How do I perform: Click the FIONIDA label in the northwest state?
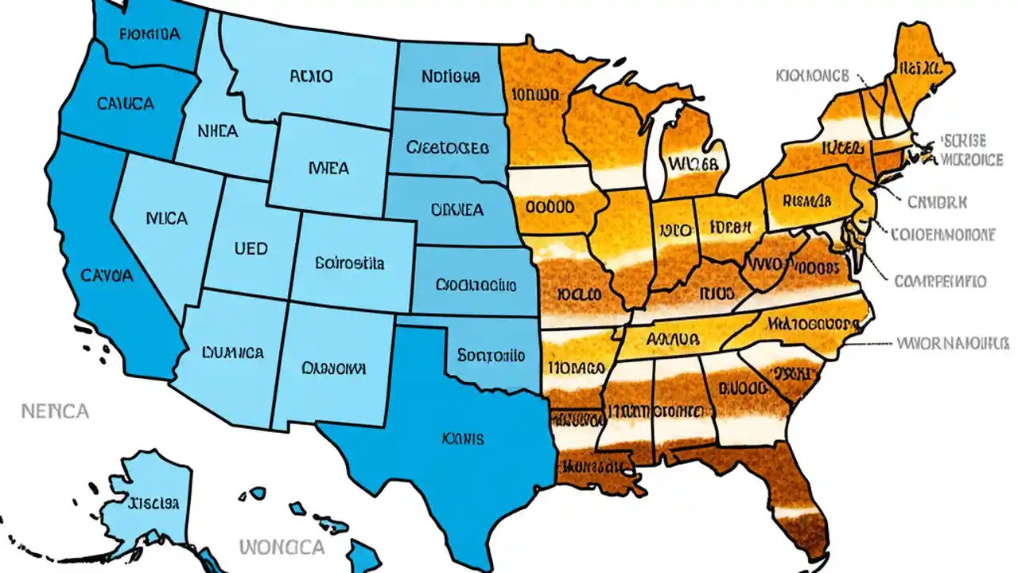pos(150,34)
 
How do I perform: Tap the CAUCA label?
pos(125,103)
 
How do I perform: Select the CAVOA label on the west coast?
pos(107,275)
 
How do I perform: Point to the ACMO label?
pos(311,77)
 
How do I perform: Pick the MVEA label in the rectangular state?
pos(328,169)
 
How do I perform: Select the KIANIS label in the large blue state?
pos(464,439)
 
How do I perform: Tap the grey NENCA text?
pos(54,411)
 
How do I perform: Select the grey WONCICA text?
pos(282,548)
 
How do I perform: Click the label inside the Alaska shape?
pos(153,503)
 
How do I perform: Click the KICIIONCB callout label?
pos(811,76)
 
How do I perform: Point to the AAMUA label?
pos(672,338)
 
